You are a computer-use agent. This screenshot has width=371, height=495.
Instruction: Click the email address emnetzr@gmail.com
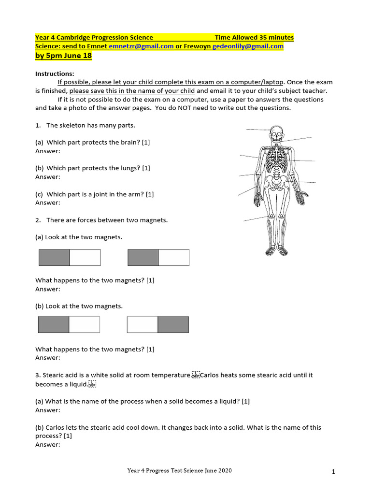pos(141,46)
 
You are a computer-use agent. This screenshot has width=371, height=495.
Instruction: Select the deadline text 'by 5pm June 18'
pos(63,56)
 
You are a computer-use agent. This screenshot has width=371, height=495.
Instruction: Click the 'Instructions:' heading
pos(55,74)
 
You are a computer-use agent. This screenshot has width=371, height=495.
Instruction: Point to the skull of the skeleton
pos(276,133)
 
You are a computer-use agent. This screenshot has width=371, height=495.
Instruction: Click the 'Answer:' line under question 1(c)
pos(48,203)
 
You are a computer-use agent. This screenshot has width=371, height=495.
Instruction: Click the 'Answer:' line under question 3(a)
pos(48,410)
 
